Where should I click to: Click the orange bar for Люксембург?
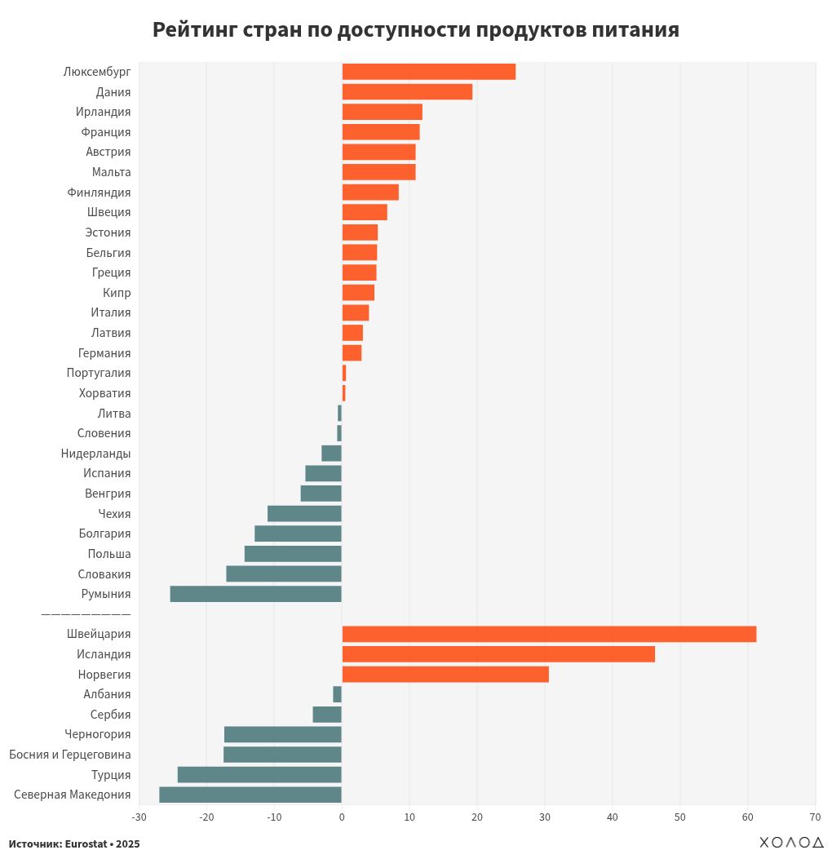[x=428, y=72]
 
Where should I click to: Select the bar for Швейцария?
[x=549, y=634]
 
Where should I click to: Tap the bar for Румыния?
[x=255, y=594]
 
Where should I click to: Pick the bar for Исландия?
[x=498, y=654]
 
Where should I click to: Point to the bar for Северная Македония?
[x=250, y=795]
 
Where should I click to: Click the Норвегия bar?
[x=445, y=675]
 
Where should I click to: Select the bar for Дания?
[x=407, y=92]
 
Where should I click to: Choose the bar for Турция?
[x=259, y=775]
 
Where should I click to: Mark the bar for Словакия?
[x=284, y=573]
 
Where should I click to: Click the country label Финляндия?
[x=99, y=193]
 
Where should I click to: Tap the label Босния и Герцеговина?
[x=70, y=755]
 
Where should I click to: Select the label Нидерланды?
[x=95, y=454]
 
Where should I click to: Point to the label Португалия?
[x=99, y=373]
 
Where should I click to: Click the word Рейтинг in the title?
[x=194, y=30]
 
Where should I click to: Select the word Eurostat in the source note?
[x=86, y=844]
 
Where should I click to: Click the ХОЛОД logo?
[x=791, y=843]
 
